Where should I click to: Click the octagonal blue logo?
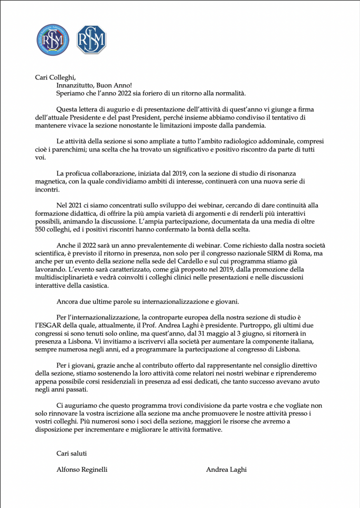[91, 40]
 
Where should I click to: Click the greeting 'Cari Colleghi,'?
[55, 77]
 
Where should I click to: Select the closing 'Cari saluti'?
[73, 453]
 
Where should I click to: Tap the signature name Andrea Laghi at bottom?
[227, 469]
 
